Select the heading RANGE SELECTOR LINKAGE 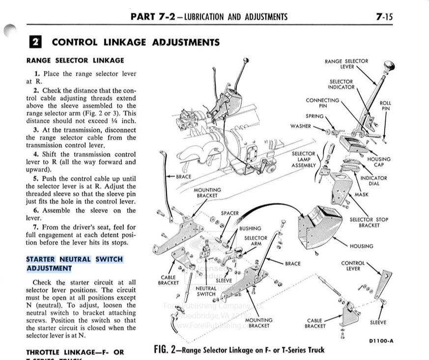click(x=75, y=60)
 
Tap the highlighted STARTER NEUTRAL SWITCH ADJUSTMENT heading click(x=74, y=264)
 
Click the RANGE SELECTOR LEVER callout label click(x=346, y=64)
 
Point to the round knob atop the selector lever click(x=390, y=66)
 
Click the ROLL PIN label click(x=385, y=106)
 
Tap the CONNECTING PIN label click(x=322, y=102)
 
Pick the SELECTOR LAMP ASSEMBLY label click(x=303, y=159)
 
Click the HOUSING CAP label click(x=379, y=162)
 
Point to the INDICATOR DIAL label click(x=373, y=180)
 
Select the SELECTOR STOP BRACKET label click(x=369, y=222)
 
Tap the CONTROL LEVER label click(x=353, y=266)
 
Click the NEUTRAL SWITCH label click(x=206, y=291)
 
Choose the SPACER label click(x=229, y=213)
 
